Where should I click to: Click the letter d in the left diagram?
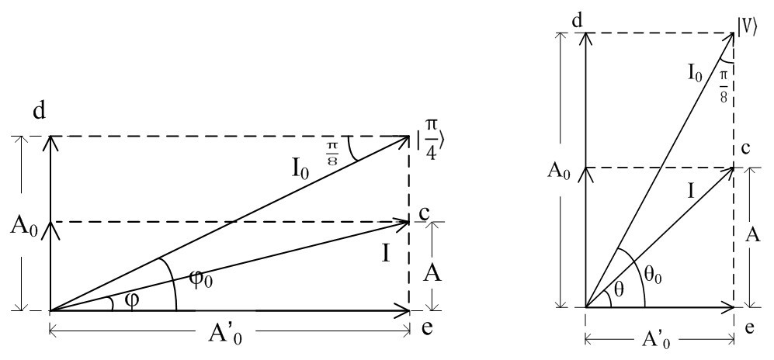38,112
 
